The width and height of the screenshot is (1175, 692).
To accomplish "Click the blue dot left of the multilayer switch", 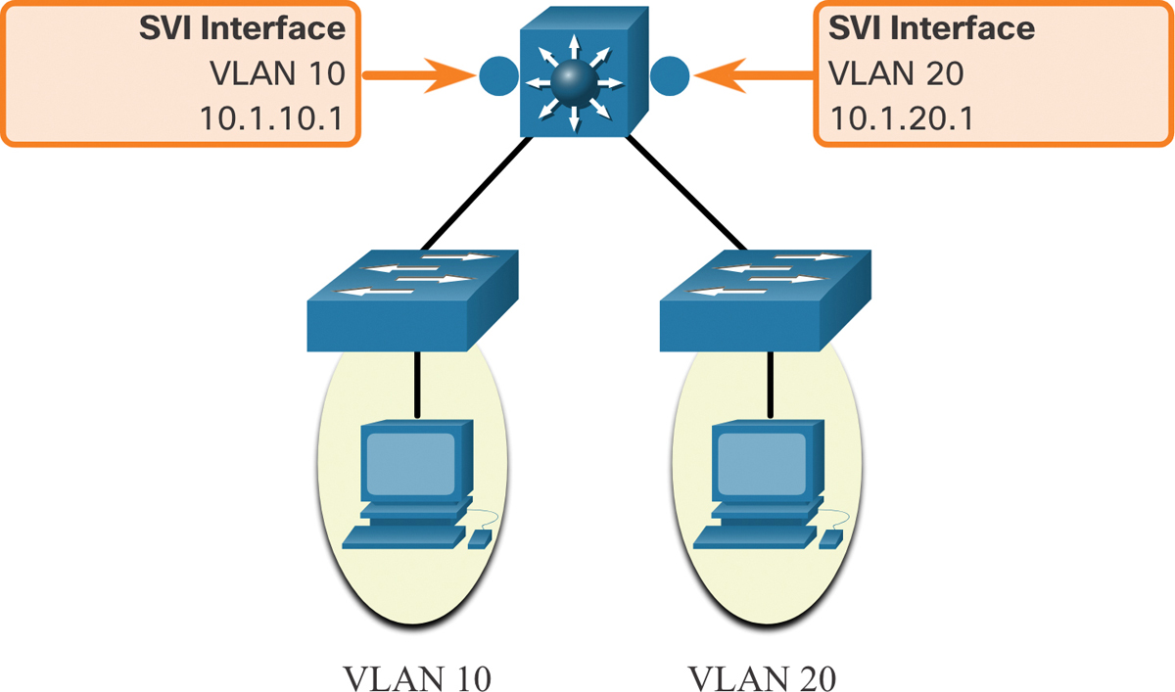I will (x=497, y=74).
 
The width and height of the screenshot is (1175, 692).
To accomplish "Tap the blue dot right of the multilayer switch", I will (x=670, y=74).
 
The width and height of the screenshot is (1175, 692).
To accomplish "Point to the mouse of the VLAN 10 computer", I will (x=480, y=539).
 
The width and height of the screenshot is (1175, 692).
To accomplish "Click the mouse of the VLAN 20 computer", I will (x=830, y=539).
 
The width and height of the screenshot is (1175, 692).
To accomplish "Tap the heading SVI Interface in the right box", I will (x=931, y=28).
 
